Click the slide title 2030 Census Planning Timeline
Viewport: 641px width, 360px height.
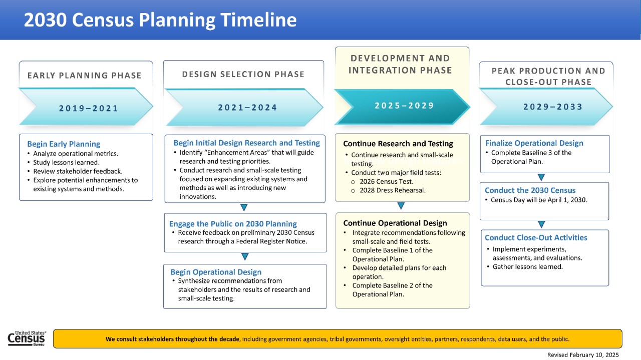click(160, 20)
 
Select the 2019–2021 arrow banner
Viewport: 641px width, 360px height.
click(88, 108)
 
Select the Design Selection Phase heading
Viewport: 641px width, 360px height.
click(243, 74)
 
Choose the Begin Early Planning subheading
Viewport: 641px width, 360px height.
click(64, 144)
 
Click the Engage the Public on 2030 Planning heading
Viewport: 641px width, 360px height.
click(233, 224)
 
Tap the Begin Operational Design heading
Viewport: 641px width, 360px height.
click(216, 272)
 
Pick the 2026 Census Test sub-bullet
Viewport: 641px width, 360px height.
click(386, 181)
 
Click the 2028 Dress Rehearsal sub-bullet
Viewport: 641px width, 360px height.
click(392, 190)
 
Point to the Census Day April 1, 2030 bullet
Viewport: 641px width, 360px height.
click(539, 200)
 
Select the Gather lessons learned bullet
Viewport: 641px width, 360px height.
click(527, 267)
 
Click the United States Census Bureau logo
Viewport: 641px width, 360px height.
click(27, 338)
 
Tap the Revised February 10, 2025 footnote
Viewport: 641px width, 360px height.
click(583, 354)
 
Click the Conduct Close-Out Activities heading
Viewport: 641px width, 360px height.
click(536, 238)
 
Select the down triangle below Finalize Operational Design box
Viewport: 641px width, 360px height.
click(541, 177)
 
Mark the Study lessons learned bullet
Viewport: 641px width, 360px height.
click(66, 162)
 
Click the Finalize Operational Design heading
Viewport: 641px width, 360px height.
click(534, 143)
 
